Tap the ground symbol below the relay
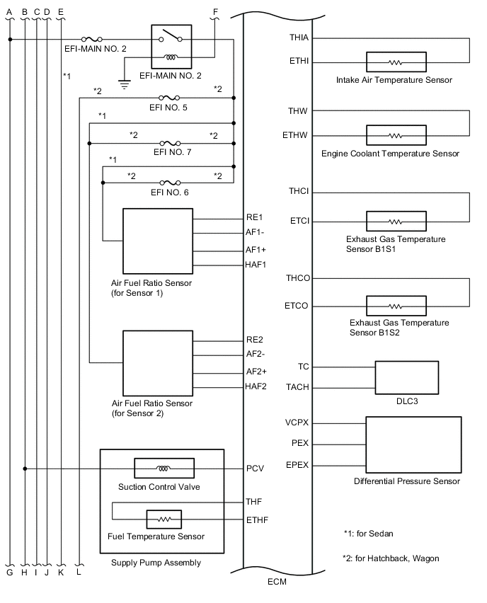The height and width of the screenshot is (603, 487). point(125,84)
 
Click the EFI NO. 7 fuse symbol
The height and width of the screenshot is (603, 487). point(169,143)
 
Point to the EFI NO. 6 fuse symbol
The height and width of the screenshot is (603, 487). point(169,183)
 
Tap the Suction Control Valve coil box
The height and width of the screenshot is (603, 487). point(164,469)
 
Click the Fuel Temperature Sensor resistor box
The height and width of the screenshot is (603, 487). point(164,519)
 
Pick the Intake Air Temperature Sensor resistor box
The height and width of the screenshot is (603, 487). point(396,62)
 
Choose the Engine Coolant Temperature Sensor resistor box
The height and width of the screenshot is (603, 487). point(396,135)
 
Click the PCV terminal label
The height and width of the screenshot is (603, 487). point(255,469)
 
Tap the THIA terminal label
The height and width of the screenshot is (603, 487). point(299,37)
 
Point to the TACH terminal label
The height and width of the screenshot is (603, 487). point(297,388)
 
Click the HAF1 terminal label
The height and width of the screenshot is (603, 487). point(255,265)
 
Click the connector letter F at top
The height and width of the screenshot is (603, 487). point(216,11)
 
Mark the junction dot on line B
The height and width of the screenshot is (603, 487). point(25,469)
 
